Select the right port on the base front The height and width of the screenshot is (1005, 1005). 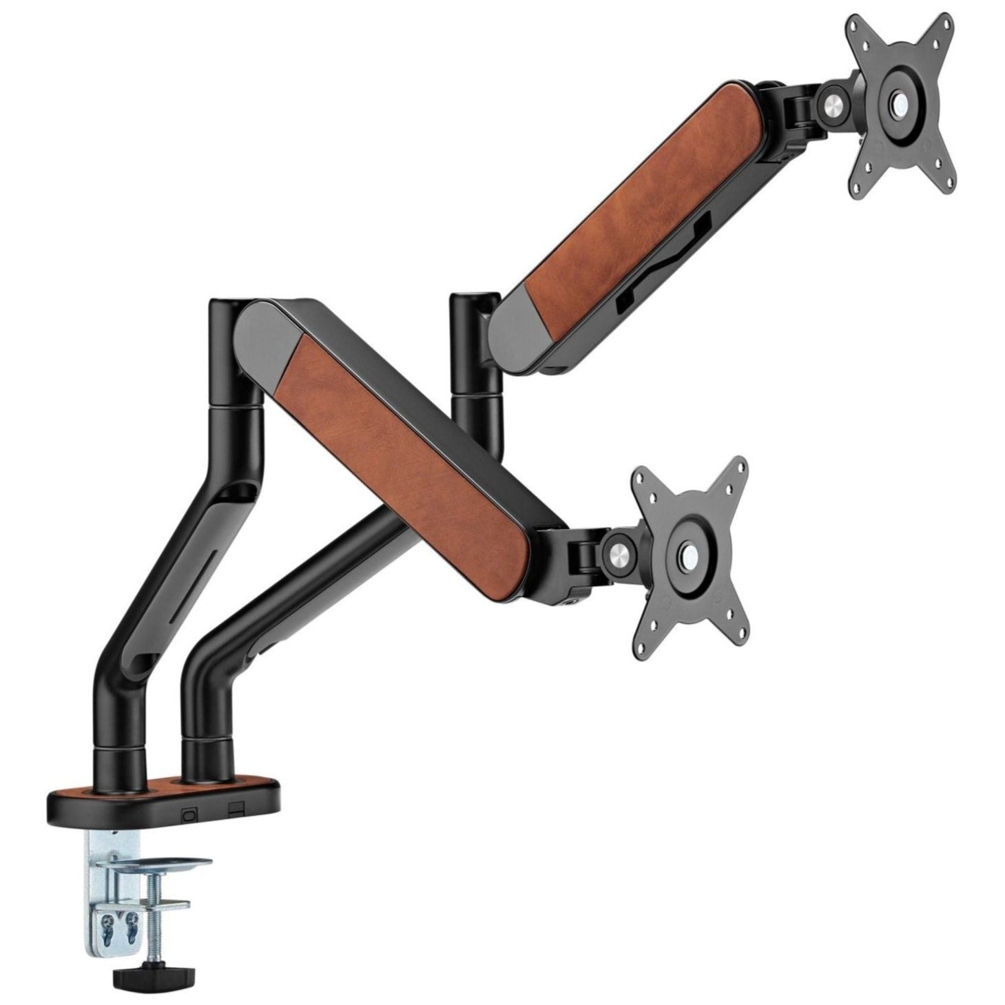click(x=236, y=807)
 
